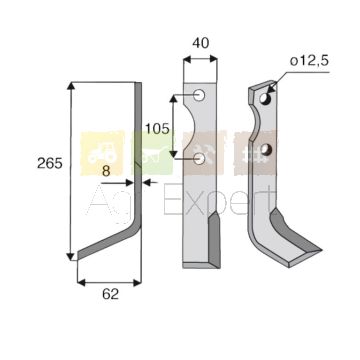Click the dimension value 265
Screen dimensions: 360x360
tap(50, 164)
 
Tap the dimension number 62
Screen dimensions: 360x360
tap(111, 295)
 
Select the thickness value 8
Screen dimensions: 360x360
tap(106, 171)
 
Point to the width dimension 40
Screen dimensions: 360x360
tap(201, 43)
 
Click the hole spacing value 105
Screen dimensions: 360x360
tap(157, 129)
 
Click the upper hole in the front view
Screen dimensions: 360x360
tap(199, 96)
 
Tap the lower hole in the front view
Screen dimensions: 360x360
tap(199, 159)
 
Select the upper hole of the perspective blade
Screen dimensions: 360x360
tap(265, 99)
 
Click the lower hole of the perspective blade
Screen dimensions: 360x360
tap(265, 150)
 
